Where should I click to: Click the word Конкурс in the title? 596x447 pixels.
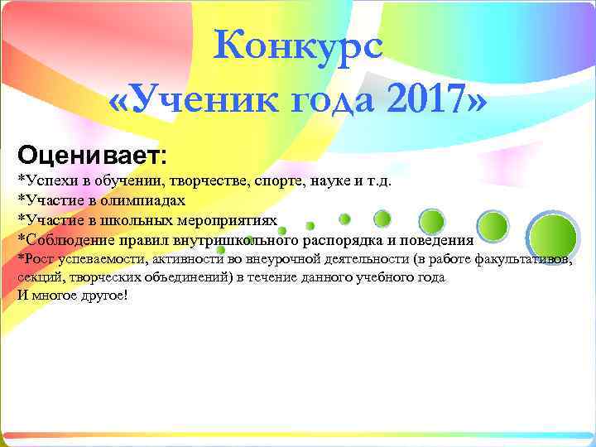[297, 46]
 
